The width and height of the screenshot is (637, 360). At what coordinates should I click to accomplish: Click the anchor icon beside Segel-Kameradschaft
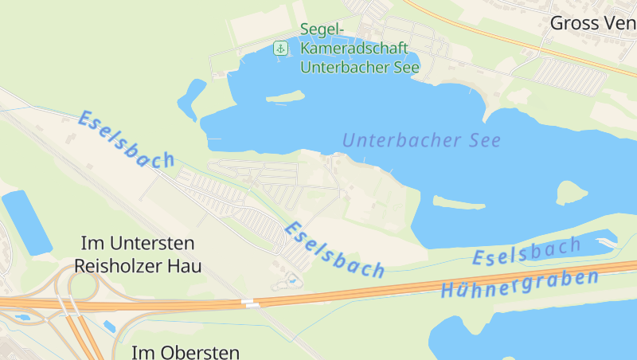click(280, 49)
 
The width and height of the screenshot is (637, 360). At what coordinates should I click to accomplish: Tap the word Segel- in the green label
click(322, 30)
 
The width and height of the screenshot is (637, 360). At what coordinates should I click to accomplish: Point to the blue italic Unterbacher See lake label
click(421, 141)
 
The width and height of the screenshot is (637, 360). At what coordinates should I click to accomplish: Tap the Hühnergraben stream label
click(519, 284)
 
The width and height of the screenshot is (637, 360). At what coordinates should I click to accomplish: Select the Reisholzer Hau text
click(137, 266)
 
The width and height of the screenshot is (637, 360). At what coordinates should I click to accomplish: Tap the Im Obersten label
click(185, 352)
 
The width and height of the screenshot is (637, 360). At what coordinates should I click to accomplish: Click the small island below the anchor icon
click(285, 97)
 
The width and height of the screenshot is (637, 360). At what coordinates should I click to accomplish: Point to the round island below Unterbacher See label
click(571, 192)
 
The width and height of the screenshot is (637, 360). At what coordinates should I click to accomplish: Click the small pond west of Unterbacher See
click(191, 100)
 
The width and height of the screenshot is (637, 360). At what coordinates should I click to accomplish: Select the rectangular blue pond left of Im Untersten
click(25, 222)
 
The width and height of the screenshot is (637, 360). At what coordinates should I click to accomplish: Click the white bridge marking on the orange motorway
click(251, 303)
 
